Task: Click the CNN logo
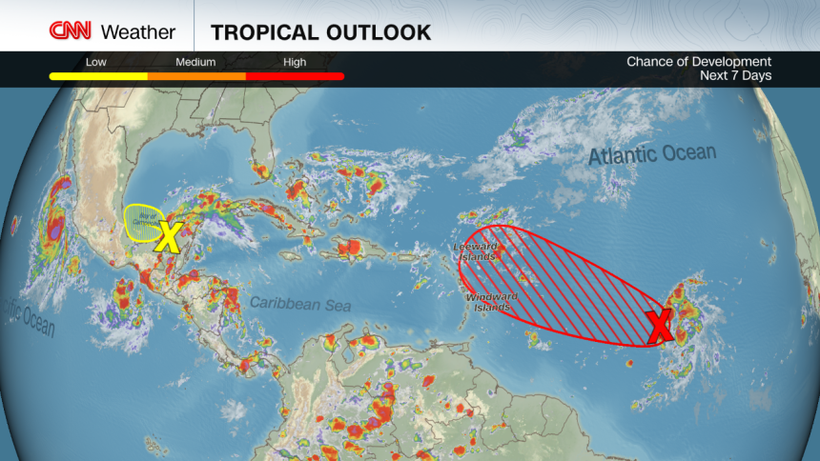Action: click(x=70, y=30)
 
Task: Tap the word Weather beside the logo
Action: click(x=137, y=31)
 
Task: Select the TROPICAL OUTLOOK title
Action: click(x=320, y=31)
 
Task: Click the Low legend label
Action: click(x=95, y=62)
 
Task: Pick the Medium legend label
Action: click(x=196, y=62)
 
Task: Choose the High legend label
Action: click(x=295, y=62)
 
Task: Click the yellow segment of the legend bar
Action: click(x=98, y=75)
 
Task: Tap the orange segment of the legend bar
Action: click(x=196, y=75)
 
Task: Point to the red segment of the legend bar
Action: click(x=295, y=75)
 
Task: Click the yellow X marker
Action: click(x=168, y=235)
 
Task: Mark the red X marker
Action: click(x=659, y=327)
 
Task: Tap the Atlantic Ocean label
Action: click(x=651, y=153)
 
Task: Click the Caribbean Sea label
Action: click(x=300, y=304)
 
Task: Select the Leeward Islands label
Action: click(x=474, y=252)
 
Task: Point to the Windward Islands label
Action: click(x=492, y=301)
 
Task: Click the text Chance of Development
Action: click(x=698, y=62)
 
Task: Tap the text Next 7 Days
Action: click(x=735, y=75)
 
